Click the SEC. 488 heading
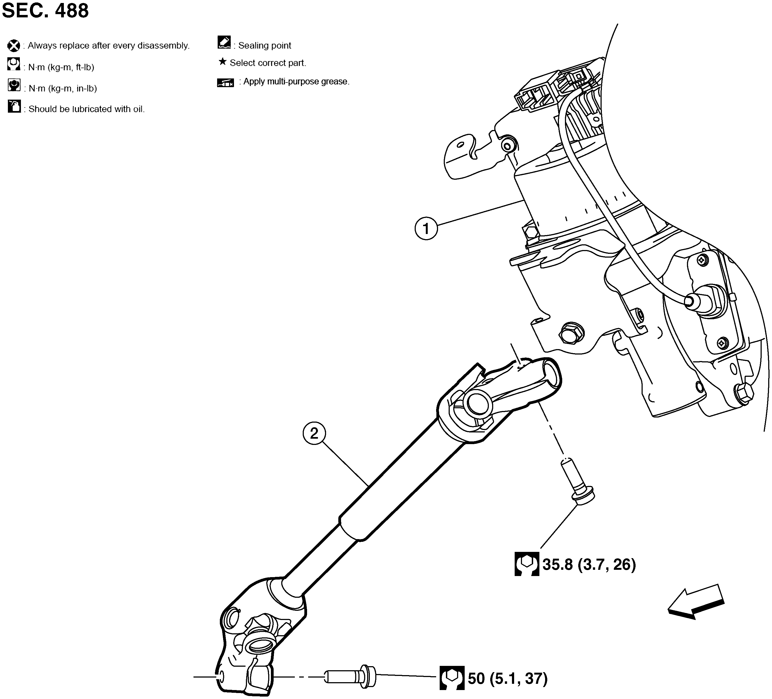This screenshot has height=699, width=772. [45, 11]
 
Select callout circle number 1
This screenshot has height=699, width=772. [426, 229]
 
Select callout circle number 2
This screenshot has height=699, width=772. [314, 434]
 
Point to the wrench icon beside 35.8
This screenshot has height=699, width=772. [527, 564]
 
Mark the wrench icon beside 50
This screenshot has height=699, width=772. [452, 678]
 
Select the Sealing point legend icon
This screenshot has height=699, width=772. [224, 42]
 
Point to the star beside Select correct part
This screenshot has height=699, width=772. [222, 62]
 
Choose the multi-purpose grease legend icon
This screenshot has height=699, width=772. [226, 83]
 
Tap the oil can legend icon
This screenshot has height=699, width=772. [14, 106]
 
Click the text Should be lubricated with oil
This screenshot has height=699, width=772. [86, 109]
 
